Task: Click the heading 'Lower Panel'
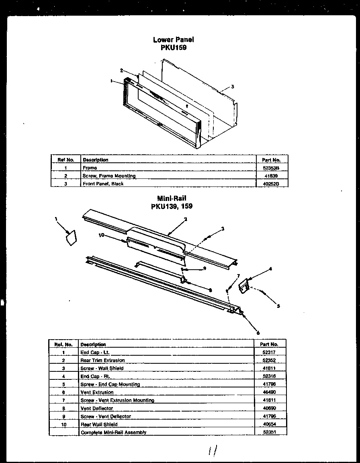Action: pyautogui.click(x=173, y=39)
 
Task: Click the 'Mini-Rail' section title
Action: pyautogui.click(x=172, y=199)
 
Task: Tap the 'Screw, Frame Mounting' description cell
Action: pyautogui.click(x=109, y=176)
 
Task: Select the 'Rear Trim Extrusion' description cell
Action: pyautogui.click(x=102, y=361)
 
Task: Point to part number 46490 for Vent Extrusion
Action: pyautogui.click(x=269, y=392)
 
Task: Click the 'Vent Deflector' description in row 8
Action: pyautogui.click(x=96, y=408)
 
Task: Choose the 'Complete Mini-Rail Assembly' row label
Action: pyautogui.click(x=113, y=432)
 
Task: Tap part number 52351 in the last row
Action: pyautogui.click(x=269, y=432)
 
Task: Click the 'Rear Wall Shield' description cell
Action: pyautogui.click(x=99, y=424)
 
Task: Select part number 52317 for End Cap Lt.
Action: pyautogui.click(x=269, y=352)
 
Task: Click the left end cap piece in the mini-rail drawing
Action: pyautogui.click(x=72, y=238)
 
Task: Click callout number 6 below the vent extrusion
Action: pyautogui.click(x=258, y=332)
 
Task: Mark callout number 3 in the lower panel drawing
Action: pyautogui.click(x=232, y=87)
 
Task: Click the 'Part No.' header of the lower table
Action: pyautogui.click(x=269, y=344)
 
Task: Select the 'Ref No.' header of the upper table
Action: pyautogui.click(x=66, y=160)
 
